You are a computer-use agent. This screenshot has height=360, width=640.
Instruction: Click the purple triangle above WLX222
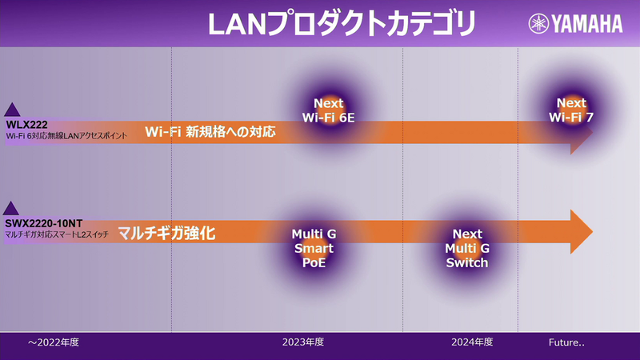coord(12,110)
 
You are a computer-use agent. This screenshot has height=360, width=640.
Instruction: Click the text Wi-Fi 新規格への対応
coord(210,132)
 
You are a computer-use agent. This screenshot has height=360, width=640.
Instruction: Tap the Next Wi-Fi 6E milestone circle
coord(328,110)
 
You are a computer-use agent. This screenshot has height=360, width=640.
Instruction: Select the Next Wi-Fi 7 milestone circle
coord(571,110)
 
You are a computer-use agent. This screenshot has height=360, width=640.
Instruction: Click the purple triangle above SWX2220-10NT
coord(12,208)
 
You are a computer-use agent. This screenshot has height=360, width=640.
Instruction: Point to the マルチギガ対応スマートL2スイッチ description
coord(57,234)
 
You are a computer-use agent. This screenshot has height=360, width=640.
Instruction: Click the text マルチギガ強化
coord(166,233)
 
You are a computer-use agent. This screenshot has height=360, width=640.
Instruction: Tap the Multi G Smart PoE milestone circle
coord(314,248)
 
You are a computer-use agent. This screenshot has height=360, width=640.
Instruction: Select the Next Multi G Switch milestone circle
coord(467,248)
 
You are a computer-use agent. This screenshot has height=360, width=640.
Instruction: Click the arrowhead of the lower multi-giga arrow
coord(581,231)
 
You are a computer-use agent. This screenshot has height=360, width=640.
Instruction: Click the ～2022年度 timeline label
coord(54,342)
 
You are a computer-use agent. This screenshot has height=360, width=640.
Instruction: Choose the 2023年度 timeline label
coord(303,342)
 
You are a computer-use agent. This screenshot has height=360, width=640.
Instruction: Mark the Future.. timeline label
coord(566,342)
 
